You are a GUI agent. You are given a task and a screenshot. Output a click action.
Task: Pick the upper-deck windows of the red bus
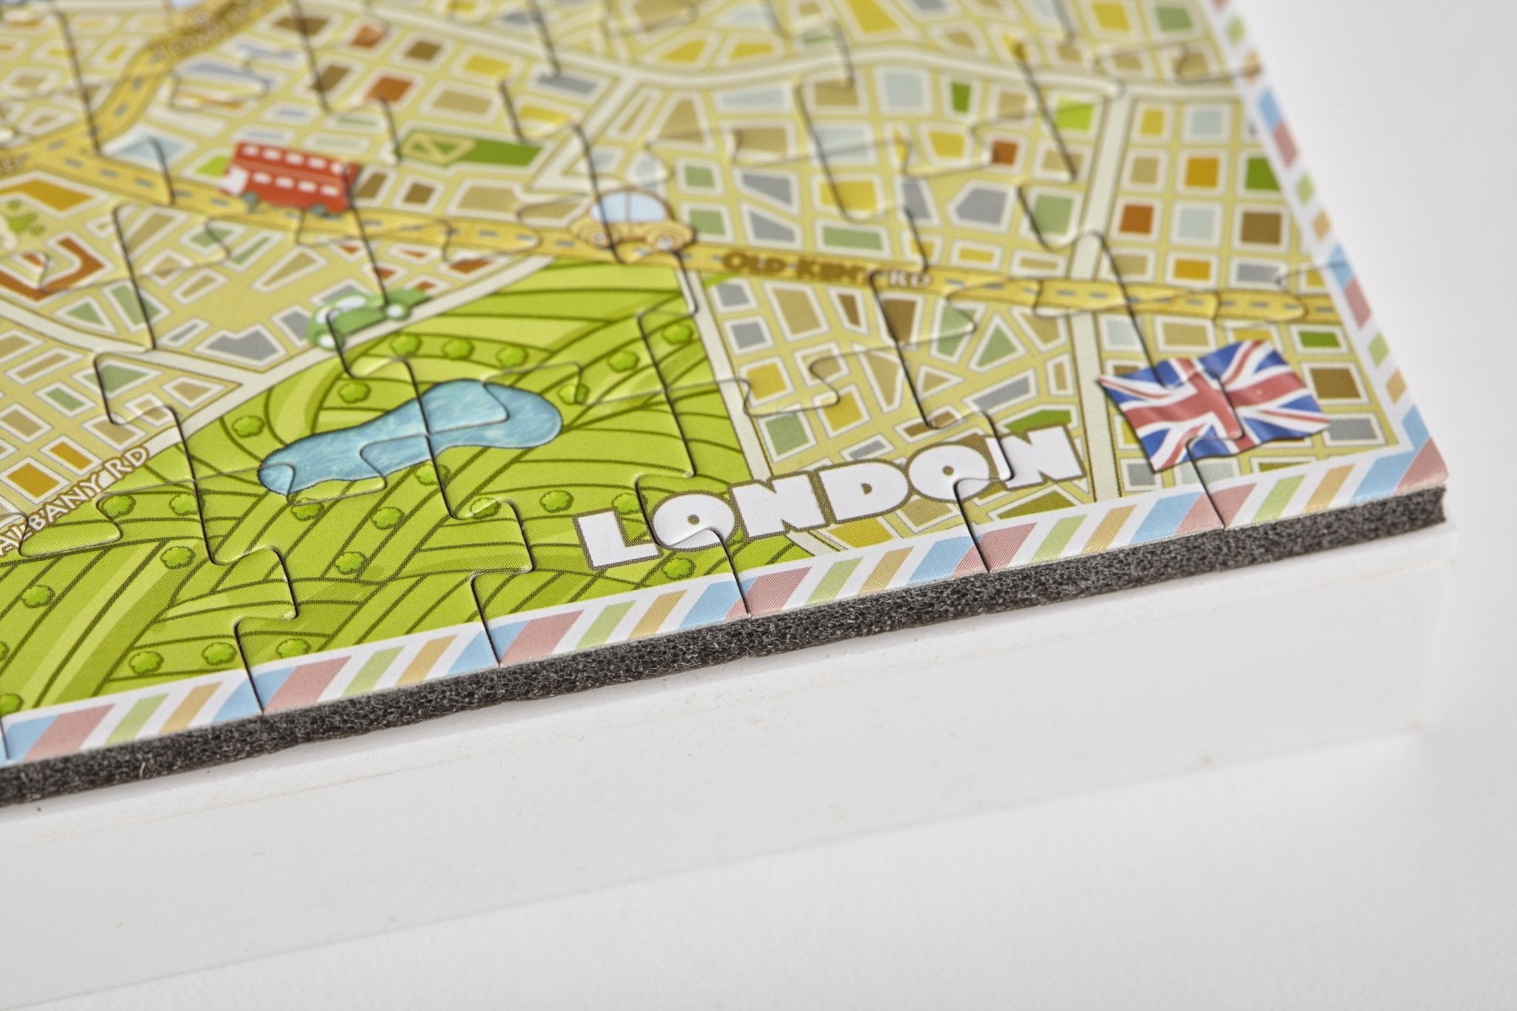(x=293, y=159)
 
